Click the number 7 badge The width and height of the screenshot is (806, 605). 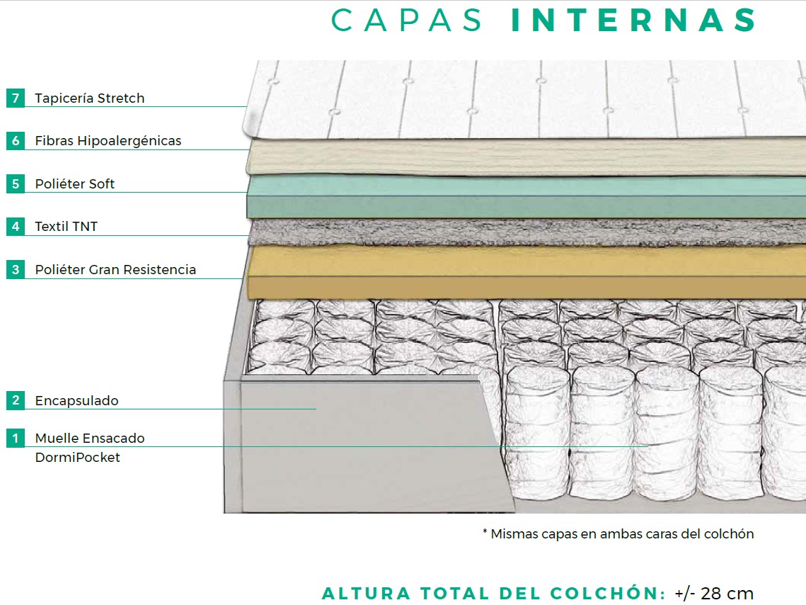click(x=16, y=98)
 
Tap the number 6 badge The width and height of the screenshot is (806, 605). click(x=16, y=140)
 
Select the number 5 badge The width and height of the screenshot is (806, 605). click(x=16, y=184)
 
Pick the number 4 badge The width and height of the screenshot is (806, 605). click(x=16, y=227)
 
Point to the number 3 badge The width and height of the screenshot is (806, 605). click(x=16, y=270)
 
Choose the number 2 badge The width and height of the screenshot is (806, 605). click(x=16, y=400)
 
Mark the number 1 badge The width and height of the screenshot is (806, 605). click(x=16, y=439)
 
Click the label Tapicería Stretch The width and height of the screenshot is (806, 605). click(x=89, y=98)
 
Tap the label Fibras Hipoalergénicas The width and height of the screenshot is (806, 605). click(x=108, y=141)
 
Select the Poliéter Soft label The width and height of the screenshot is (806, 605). click(x=74, y=184)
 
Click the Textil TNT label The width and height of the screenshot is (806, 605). click(x=66, y=227)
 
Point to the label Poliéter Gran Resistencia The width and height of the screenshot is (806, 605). click(x=115, y=270)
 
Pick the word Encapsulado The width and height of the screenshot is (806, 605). click(x=76, y=401)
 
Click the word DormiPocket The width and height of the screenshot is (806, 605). click(x=77, y=458)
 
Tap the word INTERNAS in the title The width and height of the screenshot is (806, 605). click(x=634, y=21)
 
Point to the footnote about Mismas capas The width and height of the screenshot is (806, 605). click(x=618, y=534)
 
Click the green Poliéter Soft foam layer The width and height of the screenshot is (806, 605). click(x=524, y=197)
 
